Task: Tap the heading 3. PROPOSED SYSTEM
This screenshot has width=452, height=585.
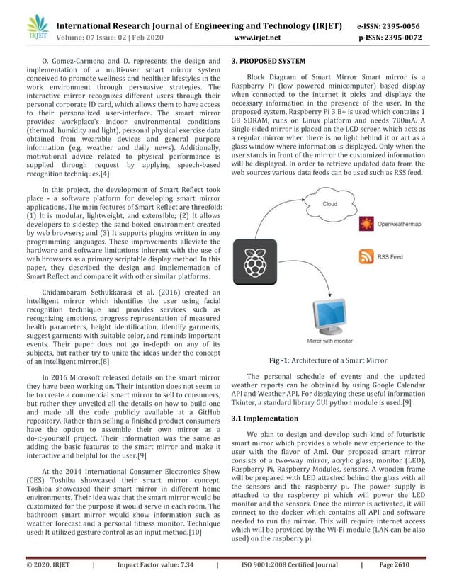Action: (x=269, y=62)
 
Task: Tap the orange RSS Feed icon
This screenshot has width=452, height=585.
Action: (x=366, y=257)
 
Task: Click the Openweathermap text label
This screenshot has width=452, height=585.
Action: (x=402, y=225)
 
